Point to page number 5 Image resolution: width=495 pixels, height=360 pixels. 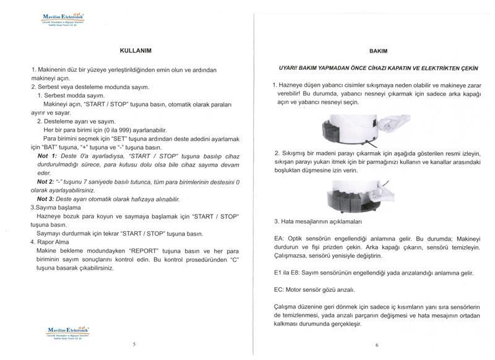pos(134,343)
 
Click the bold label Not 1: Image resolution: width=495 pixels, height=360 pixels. pos(46,156)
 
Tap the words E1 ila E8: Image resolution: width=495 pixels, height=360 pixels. pos(287,272)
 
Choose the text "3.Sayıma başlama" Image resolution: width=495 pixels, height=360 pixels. pos(56,208)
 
